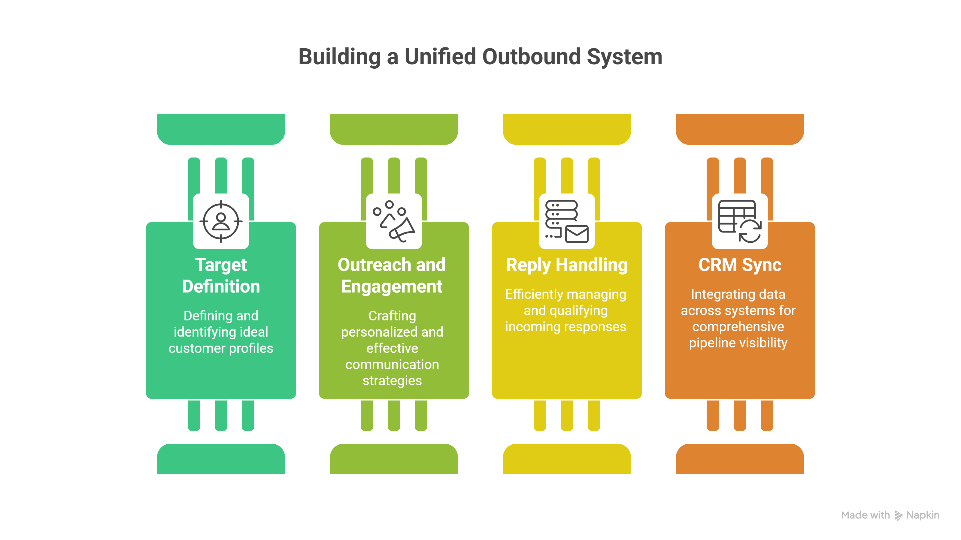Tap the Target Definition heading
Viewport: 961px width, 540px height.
(x=221, y=275)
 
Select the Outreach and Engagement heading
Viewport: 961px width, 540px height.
(x=392, y=275)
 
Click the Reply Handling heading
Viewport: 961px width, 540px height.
(x=567, y=265)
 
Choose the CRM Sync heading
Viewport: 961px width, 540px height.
(x=739, y=265)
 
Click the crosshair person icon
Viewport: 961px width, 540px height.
(x=221, y=221)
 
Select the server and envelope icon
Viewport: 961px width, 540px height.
(x=566, y=221)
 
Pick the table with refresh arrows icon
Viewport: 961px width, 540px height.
(x=739, y=221)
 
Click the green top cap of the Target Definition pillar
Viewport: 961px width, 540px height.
(x=221, y=129)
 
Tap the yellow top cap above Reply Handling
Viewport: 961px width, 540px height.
(x=566, y=129)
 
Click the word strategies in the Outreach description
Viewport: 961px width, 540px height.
(x=392, y=380)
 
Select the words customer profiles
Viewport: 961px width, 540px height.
(x=221, y=348)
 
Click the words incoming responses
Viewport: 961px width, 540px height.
(x=565, y=326)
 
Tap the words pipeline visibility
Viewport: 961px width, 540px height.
(x=738, y=343)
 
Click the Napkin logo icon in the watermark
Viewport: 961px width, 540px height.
(x=898, y=515)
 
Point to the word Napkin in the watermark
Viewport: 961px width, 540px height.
(x=923, y=515)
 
